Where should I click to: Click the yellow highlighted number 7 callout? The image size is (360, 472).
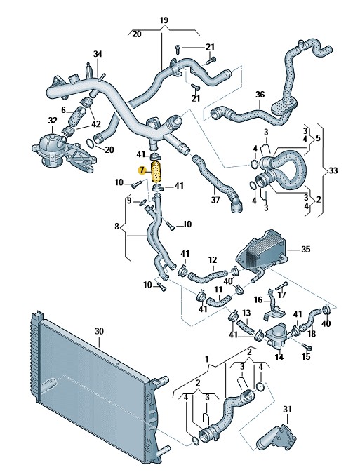pyautogui.click(x=142, y=170)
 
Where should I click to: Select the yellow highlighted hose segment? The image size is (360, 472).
pyautogui.click(x=156, y=172)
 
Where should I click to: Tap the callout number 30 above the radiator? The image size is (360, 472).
pyautogui.click(x=99, y=332)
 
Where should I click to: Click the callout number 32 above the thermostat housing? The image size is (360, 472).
pyautogui.click(x=53, y=121)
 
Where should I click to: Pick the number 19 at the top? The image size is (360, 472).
pyautogui.click(x=164, y=20)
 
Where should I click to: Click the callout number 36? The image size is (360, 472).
pyautogui.click(x=260, y=95)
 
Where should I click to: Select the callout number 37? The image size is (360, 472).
pyautogui.click(x=215, y=200)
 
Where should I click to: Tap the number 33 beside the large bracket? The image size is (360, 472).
pyautogui.click(x=333, y=170)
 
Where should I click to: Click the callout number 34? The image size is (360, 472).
pyautogui.click(x=98, y=54)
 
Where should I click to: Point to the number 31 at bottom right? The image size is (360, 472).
pyautogui.click(x=288, y=409)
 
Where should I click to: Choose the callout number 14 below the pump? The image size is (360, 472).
pyautogui.click(x=279, y=357)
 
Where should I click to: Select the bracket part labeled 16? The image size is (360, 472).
pyautogui.click(x=272, y=304)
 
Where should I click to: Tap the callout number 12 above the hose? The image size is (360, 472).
pyautogui.click(x=213, y=259)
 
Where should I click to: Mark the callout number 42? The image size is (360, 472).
pyautogui.click(x=96, y=123)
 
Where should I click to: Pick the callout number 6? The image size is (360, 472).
pyautogui.click(x=63, y=110)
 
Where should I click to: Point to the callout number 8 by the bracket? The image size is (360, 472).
pyautogui.click(x=117, y=226)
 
